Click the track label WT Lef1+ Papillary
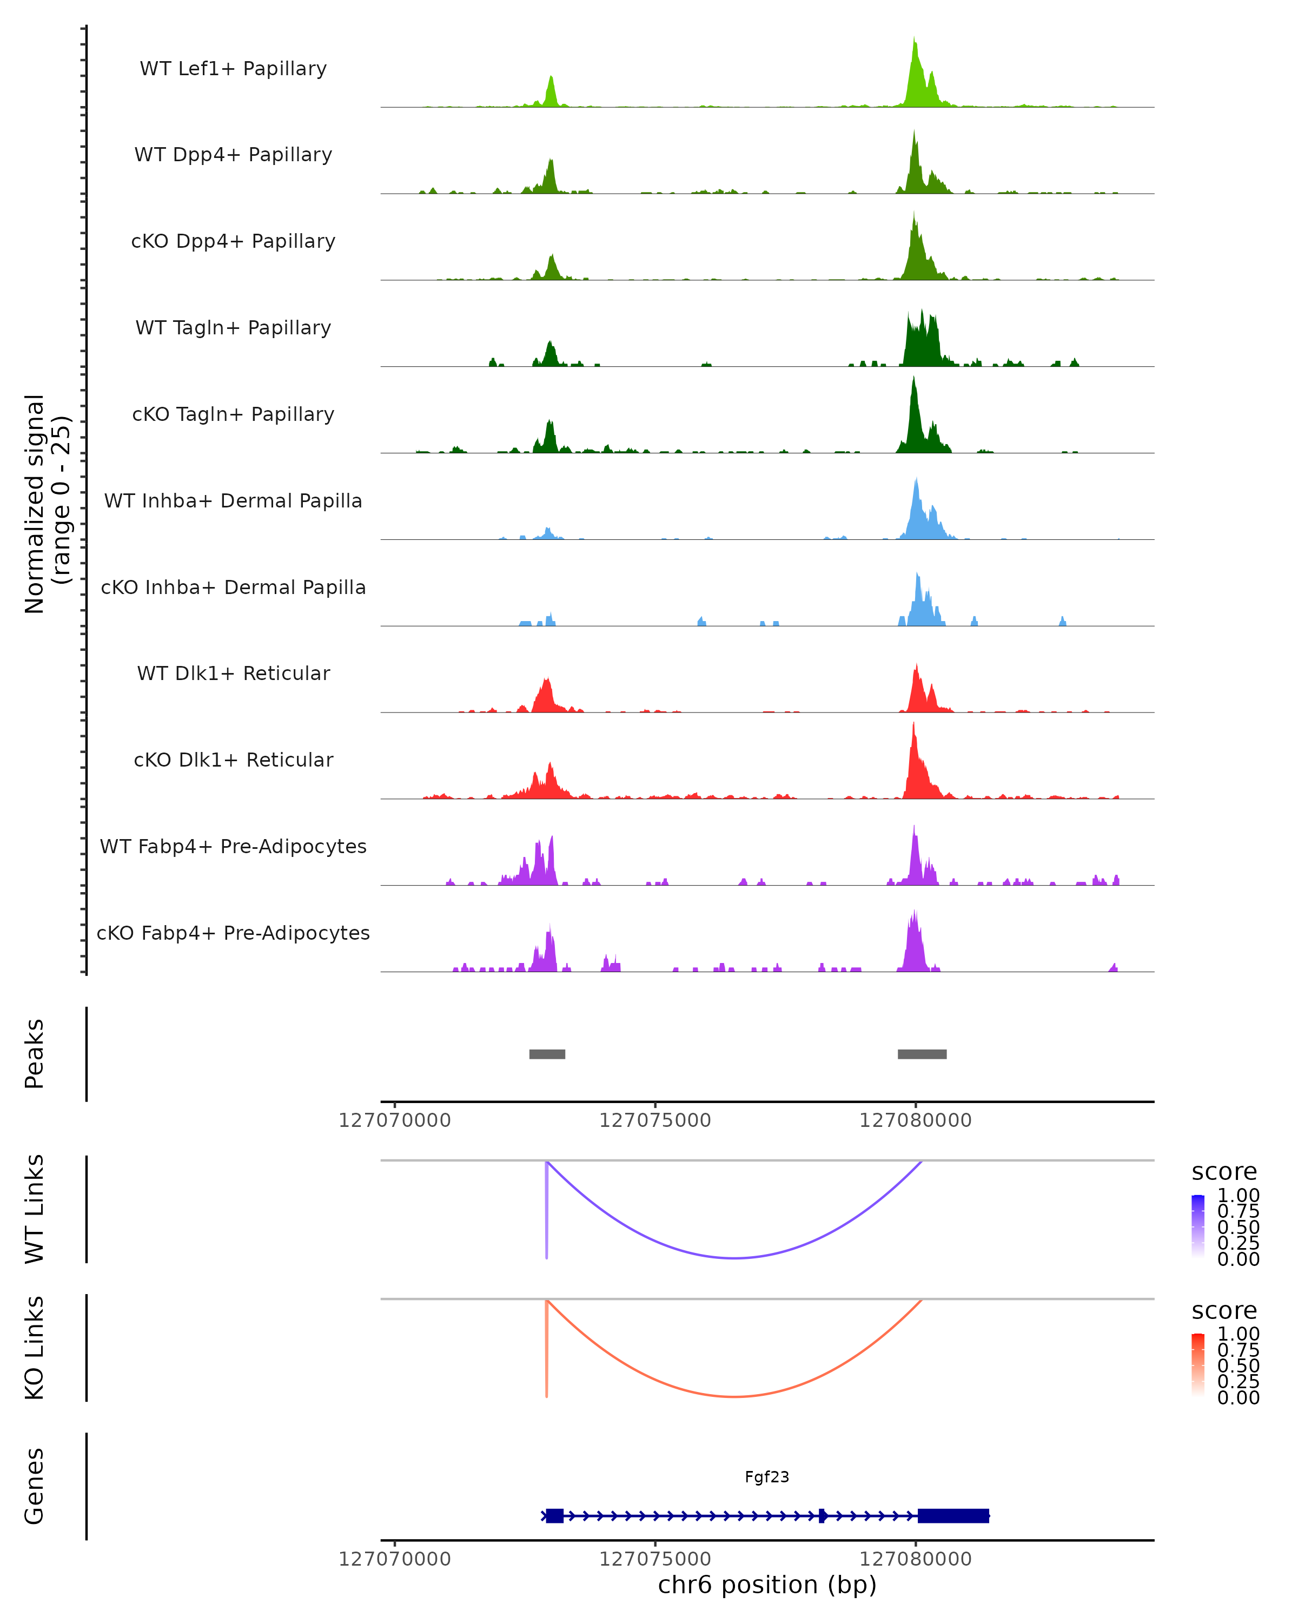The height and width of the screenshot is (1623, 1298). pos(233,69)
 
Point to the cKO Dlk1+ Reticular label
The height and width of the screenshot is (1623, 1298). pos(233,760)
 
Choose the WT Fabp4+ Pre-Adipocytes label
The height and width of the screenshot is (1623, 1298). pos(233,846)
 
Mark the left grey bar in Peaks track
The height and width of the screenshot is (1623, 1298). pos(547,1054)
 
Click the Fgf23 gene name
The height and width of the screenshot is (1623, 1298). pos(767,1477)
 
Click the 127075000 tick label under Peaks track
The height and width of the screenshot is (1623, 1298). pos(654,1121)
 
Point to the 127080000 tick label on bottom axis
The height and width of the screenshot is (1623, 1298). pos(915,1559)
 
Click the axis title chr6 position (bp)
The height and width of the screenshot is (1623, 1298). pos(767,1585)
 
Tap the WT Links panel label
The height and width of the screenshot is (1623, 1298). pos(35,1209)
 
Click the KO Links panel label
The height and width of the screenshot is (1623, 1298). pos(35,1348)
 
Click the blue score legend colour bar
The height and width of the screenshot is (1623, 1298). pos(1198,1226)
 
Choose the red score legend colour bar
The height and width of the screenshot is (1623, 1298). pos(1198,1365)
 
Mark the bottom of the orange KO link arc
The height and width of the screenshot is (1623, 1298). pos(734,1396)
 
